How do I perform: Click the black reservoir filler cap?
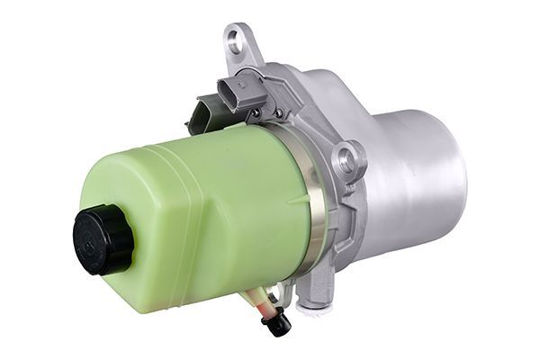coord(103,238)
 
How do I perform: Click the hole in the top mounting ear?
coord(236,39)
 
